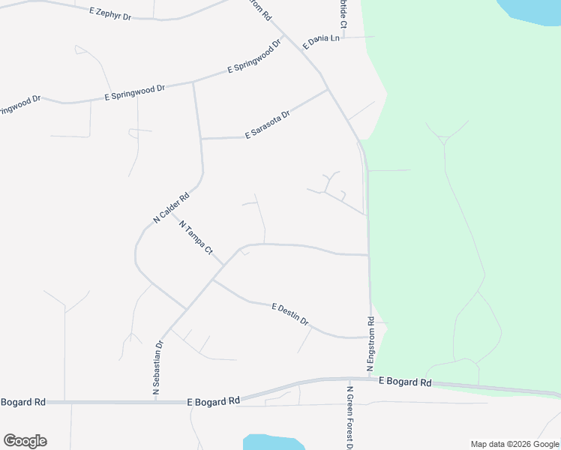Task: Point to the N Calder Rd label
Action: pos(171,208)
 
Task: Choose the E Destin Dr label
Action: pos(290,314)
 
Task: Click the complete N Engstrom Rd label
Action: pos(370,343)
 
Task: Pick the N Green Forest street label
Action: pos(350,418)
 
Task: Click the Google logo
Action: pos(25,441)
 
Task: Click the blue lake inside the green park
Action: pos(530,8)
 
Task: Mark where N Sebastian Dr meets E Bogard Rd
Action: pos(156,402)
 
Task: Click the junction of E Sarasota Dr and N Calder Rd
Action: pos(201,139)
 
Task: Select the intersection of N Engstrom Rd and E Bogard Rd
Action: pos(370,379)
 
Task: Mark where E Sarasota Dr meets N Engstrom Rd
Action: pos(328,90)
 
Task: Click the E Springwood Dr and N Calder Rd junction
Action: pos(193,81)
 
